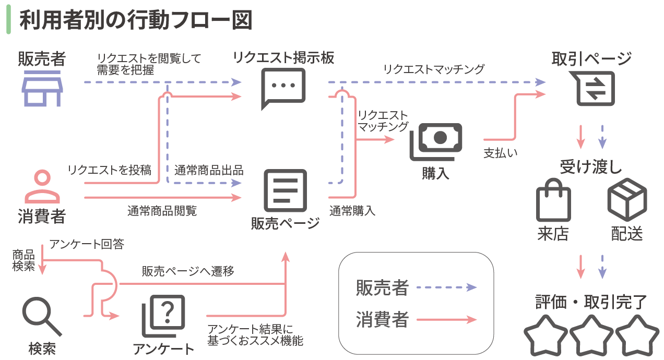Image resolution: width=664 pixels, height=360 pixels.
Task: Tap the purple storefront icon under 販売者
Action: (42, 89)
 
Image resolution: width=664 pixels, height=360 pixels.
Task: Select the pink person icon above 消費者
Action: (42, 186)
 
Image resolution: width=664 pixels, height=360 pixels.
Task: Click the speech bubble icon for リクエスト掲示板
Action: (282, 88)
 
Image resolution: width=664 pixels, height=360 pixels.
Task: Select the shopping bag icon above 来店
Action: (553, 200)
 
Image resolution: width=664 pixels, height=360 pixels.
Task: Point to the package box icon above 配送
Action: (627, 199)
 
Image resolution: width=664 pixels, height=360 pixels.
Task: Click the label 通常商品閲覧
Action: (162, 211)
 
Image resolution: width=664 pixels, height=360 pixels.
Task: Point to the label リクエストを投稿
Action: (110, 170)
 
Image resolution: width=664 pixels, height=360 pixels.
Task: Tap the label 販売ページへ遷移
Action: (187, 271)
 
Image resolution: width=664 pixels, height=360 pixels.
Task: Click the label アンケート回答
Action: (87, 244)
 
